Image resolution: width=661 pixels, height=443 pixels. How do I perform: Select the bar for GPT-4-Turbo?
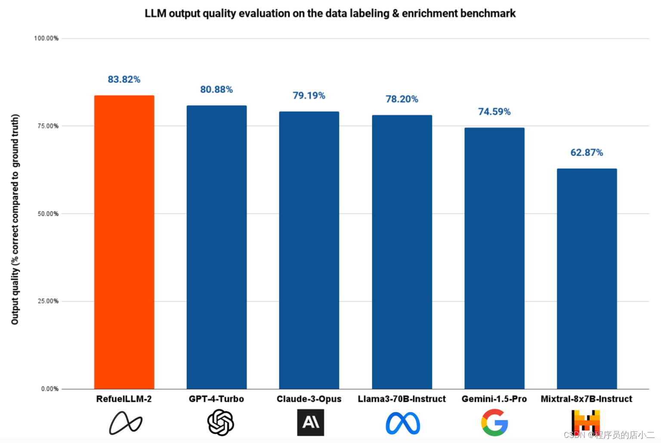[x=216, y=247]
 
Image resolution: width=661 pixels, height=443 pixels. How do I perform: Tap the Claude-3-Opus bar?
[x=309, y=250]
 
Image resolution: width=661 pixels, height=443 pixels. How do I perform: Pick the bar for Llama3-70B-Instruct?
[x=402, y=252]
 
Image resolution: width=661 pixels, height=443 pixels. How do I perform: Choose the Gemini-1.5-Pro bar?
[x=494, y=258]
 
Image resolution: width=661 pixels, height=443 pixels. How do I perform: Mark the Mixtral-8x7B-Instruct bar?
[x=587, y=278]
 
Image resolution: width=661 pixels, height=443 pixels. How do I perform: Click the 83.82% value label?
[x=124, y=79]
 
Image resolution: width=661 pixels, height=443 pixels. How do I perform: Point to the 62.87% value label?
[x=587, y=153]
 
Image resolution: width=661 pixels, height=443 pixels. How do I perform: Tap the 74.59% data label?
[x=494, y=112]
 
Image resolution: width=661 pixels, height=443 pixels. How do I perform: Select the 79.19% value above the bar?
[x=309, y=95]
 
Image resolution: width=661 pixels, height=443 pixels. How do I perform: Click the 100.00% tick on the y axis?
[x=46, y=38]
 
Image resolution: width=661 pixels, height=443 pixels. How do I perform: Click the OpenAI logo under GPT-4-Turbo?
[x=220, y=422]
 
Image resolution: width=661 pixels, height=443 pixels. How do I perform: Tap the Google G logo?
[x=494, y=422]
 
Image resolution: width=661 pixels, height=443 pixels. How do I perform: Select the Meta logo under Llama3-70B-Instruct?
[x=402, y=423]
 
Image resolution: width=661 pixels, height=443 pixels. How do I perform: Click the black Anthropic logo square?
[x=310, y=422]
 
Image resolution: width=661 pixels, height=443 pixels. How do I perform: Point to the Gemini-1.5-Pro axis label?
[x=494, y=399]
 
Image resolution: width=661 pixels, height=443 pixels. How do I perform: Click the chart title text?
[x=330, y=13]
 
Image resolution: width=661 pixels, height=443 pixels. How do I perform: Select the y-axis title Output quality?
[x=15, y=219]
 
